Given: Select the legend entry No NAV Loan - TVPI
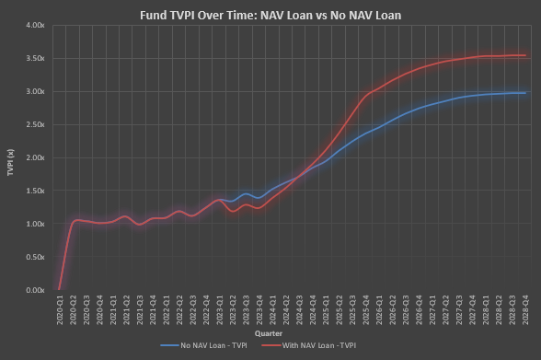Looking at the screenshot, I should (x=203, y=345).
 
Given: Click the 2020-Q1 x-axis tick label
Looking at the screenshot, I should (x=61, y=310).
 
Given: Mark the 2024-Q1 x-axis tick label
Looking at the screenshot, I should (x=273, y=310).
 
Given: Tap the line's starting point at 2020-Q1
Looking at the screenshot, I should (x=61, y=289).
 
